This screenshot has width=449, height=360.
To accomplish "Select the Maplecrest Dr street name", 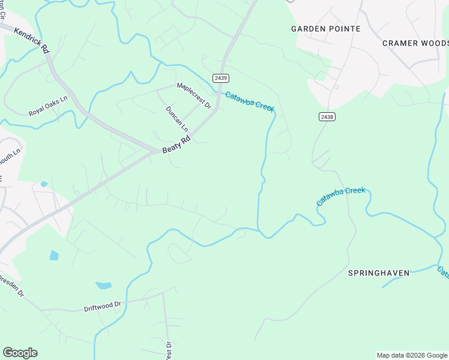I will pyautogui.click(x=194, y=95).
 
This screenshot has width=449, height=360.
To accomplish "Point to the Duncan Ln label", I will pyautogui.click(x=176, y=119).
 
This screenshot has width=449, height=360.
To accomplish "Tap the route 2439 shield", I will pyautogui.click(x=221, y=78).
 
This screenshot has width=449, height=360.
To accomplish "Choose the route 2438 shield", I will pyautogui.click(x=327, y=116).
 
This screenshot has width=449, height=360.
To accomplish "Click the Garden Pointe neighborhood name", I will pyautogui.click(x=325, y=29).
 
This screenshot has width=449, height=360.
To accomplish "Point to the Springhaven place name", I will pyautogui.click(x=379, y=273).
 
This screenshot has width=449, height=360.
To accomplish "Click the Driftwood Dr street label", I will pyautogui.click(x=102, y=306).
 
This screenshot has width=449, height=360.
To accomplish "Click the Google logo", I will pyautogui.click(x=20, y=353).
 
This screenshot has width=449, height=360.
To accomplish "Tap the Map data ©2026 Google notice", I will pyautogui.click(x=412, y=355).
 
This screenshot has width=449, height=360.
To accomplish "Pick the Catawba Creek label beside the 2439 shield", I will pyautogui.click(x=250, y=101).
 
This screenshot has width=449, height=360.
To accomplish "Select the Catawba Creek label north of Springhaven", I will pyautogui.click(x=340, y=197).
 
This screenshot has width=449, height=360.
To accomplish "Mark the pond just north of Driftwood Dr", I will pyautogui.click(x=103, y=286).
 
